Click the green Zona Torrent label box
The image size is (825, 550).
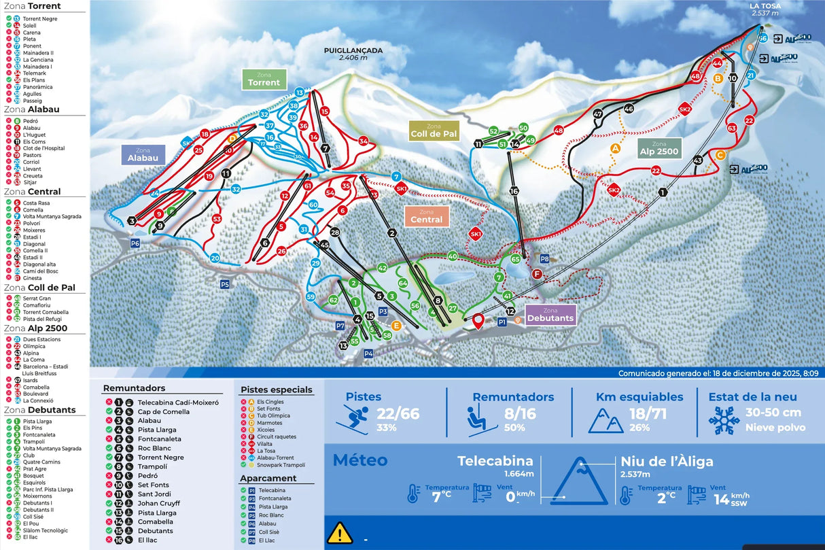coord(264,79)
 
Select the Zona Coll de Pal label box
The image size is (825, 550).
coord(433,131)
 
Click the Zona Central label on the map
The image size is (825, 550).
coord(426,216)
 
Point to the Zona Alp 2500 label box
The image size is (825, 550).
coord(659,148)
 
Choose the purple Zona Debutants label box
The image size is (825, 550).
coord(550,315)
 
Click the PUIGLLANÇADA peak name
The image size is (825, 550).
coord(353,50)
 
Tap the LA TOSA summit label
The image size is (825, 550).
coord(765,6)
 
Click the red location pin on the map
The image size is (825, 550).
coord(478,321)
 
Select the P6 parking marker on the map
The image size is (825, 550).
coord(135,243)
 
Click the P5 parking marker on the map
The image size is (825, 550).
coord(225,283)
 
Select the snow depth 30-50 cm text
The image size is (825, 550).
coord(773,412)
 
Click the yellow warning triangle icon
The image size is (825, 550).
coord(340,532)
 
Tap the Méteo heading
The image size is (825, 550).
coord(359,460)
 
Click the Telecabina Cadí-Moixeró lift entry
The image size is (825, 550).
coord(178,402)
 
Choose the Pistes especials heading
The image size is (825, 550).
coord(277,390)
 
